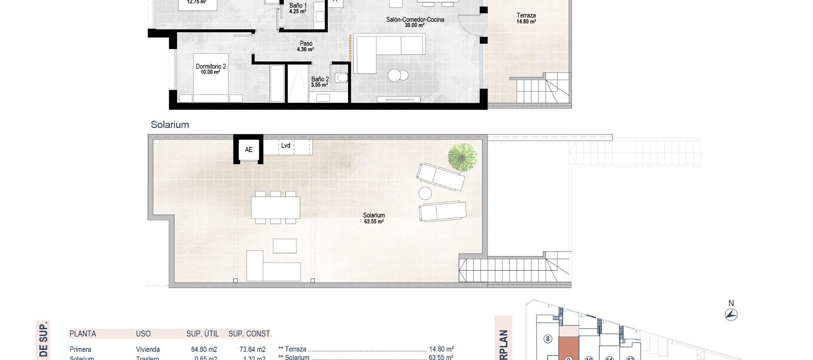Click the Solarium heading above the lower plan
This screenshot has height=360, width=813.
pyautogui.click(x=170, y=125)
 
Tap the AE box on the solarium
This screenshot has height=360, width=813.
pyautogui.click(x=249, y=150)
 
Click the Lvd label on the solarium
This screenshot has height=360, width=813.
pyautogui.click(x=286, y=146)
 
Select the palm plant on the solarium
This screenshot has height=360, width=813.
pyautogui.click(x=462, y=157)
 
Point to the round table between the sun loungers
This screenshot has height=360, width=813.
pyautogui.click(x=425, y=194)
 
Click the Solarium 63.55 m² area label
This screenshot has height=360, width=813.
pyautogui.click(x=374, y=218)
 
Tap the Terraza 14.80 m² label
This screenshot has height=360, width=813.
pyautogui.click(x=526, y=18)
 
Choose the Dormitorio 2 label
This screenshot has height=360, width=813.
pyautogui.click(x=210, y=69)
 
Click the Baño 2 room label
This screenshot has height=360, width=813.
pyautogui.click(x=320, y=82)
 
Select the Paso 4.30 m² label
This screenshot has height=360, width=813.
pyautogui.click(x=306, y=46)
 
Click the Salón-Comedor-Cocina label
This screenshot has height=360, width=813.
pyautogui.click(x=415, y=22)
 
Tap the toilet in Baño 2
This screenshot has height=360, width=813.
pyautogui.click(x=341, y=78)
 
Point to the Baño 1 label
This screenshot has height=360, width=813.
pyautogui.click(x=298, y=8)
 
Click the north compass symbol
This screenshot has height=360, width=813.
pyautogui.click(x=731, y=314)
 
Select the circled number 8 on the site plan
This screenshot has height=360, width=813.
pyautogui.click(x=548, y=339)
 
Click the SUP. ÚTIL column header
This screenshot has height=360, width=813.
pyautogui.click(x=202, y=334)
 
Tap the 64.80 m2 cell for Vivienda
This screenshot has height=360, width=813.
pyautogui.click(x=204, y=349)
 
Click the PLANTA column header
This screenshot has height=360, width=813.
pyautogui.click(x=83, y=334)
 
